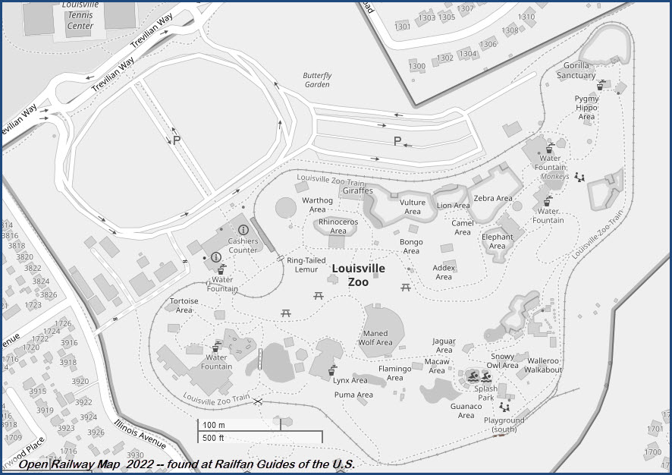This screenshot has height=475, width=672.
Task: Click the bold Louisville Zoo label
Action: point(358,275)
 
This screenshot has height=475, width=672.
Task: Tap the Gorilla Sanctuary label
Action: point(576,71)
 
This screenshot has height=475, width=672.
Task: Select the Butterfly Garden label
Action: point(317,80)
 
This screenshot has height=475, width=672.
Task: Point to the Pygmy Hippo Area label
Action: point(586,108)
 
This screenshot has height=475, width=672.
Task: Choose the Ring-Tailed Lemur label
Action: point(302,264)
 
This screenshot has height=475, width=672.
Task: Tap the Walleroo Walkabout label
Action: point(545,365)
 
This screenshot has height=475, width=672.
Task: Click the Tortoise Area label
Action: point(184,305)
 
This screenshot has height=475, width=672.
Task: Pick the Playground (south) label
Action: point(504,425)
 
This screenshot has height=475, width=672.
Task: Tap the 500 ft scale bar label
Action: point(213,438)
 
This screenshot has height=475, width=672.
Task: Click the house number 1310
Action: point(526,17)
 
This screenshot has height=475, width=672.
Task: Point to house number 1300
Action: point(416,66)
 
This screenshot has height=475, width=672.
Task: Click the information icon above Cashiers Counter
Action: point(243,229)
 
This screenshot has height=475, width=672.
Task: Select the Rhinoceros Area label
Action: point(338,226)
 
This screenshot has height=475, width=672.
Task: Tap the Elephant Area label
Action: point(497,241)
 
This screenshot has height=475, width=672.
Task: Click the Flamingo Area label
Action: point(394,373)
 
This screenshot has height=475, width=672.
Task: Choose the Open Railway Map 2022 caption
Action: point(187,464)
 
